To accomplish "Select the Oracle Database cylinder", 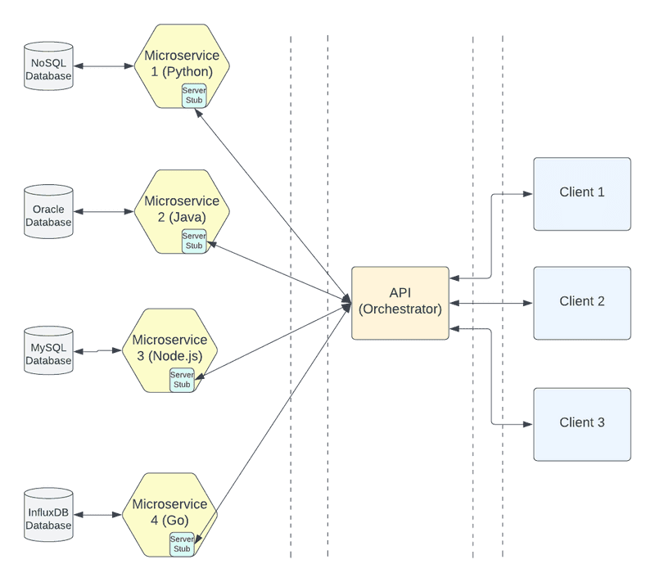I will click(48, 212).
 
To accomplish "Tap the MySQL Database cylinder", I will click(48, 351).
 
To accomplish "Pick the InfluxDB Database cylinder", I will click(48, 515).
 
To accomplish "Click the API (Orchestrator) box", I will click(400, 302).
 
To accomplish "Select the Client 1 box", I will click(582, 193).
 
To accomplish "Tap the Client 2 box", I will click(582, 302).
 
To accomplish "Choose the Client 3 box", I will click(582, 423).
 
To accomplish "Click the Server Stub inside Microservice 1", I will click(193, 95).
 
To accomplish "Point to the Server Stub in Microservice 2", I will click(193, 241).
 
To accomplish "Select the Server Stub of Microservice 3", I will click(182, 380).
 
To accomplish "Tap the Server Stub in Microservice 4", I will click(182, 544).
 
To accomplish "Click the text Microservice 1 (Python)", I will click(182, 63).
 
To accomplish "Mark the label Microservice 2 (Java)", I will click(182, 209).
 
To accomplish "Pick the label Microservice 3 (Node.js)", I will click(170, 348).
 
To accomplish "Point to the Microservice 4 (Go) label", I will click(170, 512).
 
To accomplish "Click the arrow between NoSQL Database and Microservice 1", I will click(103, 66).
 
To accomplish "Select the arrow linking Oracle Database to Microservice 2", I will click(103, 212).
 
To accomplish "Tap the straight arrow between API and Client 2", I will click(491, 303).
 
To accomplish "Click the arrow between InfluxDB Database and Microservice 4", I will click(97, 515).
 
